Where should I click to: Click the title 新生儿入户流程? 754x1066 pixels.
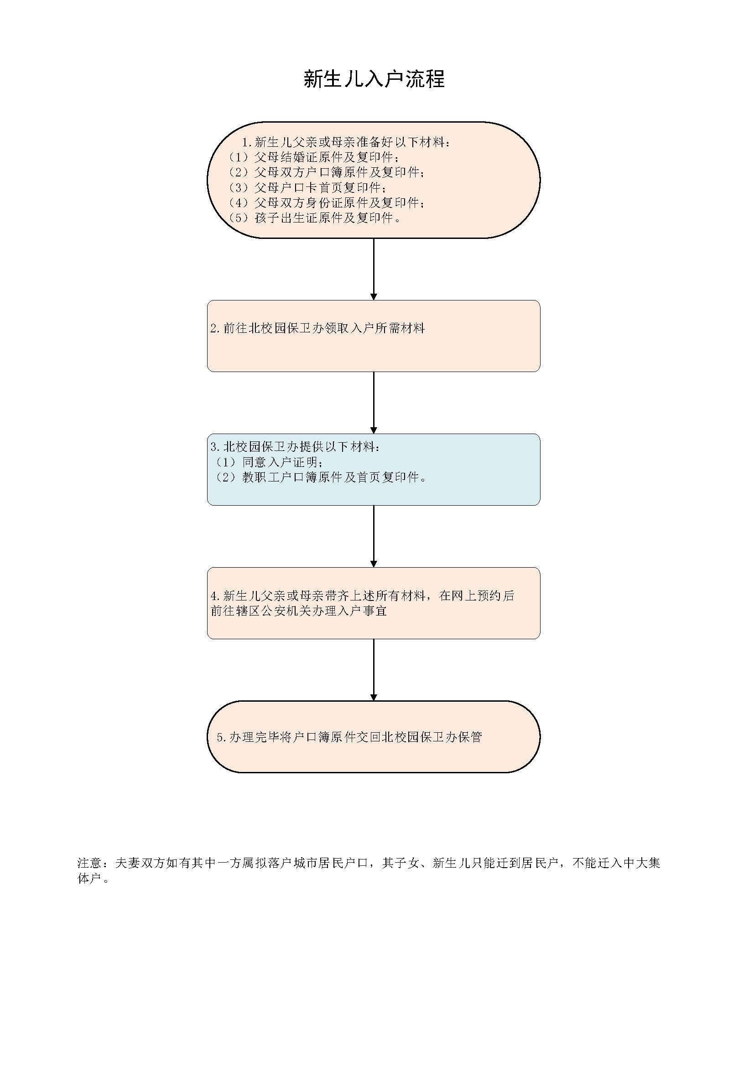pos(374,79)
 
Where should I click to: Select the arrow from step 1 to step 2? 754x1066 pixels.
pos(374,269)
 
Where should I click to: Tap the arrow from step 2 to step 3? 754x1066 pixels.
pos(374,403)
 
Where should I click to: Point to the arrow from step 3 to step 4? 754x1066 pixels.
pos(374,536)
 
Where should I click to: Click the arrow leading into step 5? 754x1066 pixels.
pos(374,670)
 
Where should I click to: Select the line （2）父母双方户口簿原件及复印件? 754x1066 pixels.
pos(327,172)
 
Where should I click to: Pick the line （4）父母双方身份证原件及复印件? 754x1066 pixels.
pos(327,202)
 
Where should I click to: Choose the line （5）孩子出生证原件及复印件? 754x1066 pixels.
pos(315,218)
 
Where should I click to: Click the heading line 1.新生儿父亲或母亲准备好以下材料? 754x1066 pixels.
pos(346,142)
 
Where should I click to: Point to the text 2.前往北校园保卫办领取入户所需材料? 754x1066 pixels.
pos(317,328)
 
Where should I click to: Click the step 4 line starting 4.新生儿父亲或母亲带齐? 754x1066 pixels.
pos(362,595)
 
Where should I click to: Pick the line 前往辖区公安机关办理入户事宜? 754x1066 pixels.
pos(299,611)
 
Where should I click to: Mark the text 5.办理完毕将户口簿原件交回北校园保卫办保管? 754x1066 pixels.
pos(349,737)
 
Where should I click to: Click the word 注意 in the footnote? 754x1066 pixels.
pos(89,863)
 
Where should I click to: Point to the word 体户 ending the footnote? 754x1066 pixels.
pos(89,879)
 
